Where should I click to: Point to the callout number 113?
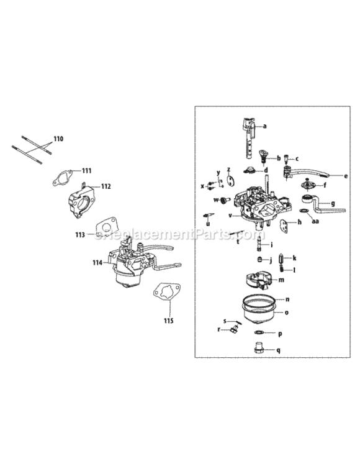click(x=80, y=235)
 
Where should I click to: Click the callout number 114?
click(x=97, y=263)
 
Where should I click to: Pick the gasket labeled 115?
click(x=166, y=293)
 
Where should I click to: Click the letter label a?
click(x=265, y=126)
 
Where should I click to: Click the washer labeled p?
click(x=259, y=334)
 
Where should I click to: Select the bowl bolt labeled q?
click(x=259, y=350)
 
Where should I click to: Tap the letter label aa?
click(x=315, y=221)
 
